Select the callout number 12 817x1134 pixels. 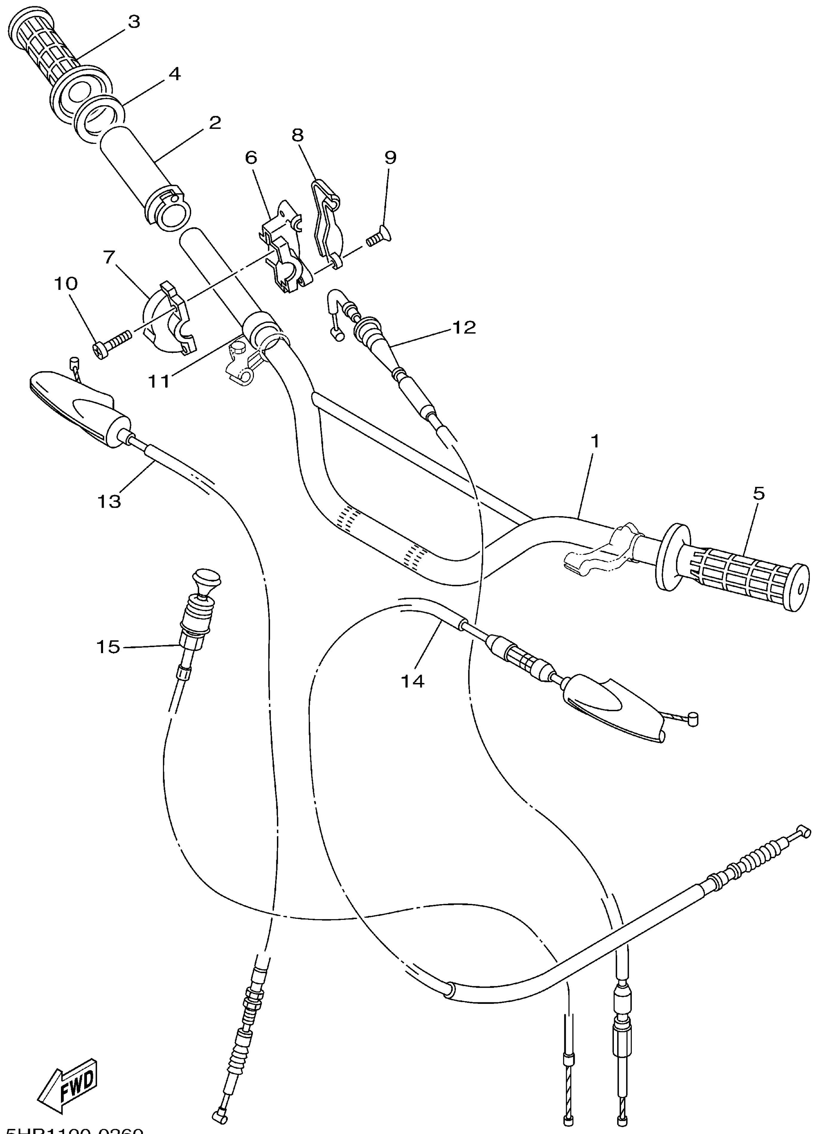464,327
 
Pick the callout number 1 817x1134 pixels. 595,441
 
